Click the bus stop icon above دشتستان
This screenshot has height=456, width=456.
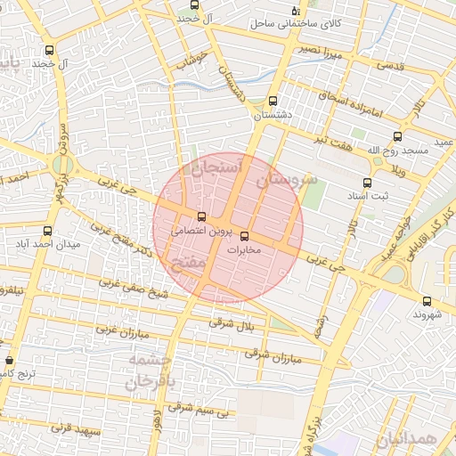pos(272,101)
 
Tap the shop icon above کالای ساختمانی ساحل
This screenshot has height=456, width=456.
pos(296,10)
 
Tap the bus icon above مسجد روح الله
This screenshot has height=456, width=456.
pos(397,137)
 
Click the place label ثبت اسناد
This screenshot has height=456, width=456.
pos(367,196)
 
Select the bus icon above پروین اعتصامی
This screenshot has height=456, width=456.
pos(201,216)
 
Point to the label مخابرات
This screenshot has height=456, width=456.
pos(242,250)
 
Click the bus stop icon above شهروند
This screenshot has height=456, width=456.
pos(427,301)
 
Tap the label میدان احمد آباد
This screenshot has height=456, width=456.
pos(50,244)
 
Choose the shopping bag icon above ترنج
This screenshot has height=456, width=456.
pos(9,361)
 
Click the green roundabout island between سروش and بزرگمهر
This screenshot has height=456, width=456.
pos(61,166)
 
